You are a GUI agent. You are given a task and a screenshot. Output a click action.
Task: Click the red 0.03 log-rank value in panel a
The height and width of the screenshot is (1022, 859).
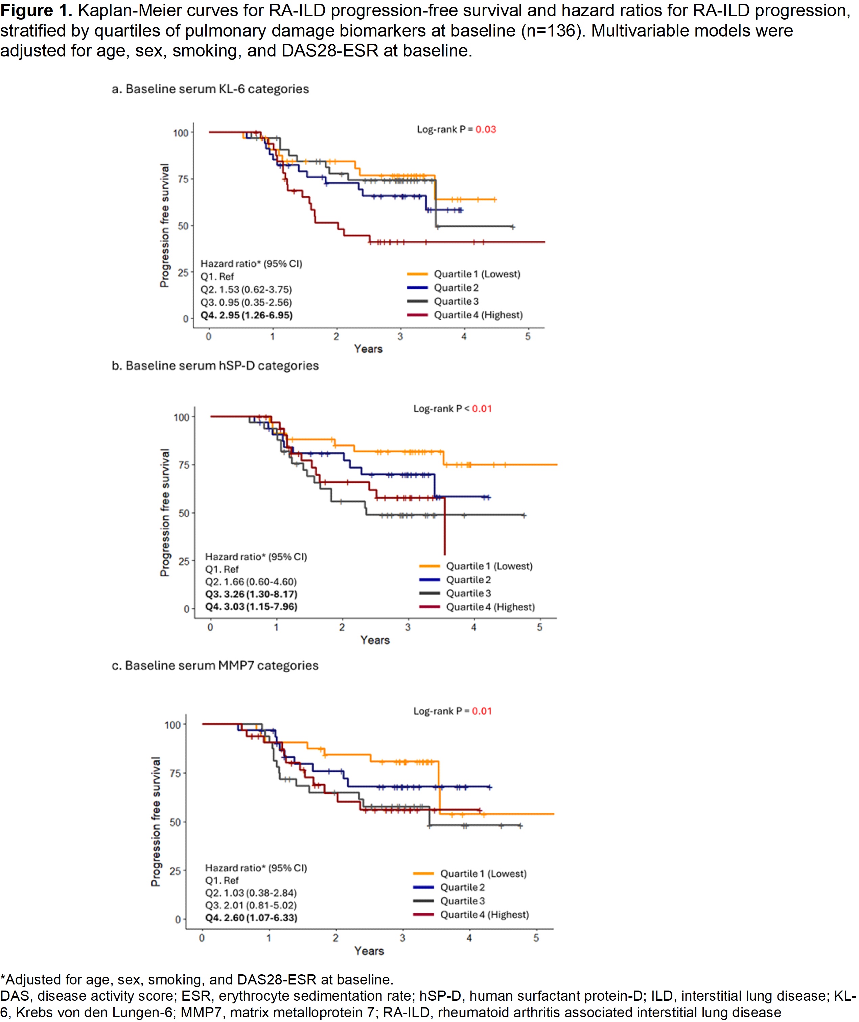pos(486,130)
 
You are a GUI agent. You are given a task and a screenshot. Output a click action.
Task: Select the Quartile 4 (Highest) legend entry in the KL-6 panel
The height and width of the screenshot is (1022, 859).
pos(478,315)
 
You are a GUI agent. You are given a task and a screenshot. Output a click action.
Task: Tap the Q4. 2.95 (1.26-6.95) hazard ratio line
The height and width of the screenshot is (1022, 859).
pos(247,316)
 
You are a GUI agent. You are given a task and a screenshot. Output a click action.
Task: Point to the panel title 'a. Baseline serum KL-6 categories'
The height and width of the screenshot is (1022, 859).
pos(210,89)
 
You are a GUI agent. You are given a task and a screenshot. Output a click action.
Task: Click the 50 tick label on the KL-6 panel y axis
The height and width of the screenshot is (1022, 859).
pos(183,226)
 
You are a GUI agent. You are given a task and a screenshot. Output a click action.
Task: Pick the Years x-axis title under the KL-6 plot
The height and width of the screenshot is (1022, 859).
pos(368,349)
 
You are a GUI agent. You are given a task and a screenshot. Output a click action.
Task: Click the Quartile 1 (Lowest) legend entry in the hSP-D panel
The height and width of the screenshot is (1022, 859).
pos(489,566)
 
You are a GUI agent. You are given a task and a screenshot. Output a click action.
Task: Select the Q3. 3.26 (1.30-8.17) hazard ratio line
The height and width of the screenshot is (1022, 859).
pos(251,594)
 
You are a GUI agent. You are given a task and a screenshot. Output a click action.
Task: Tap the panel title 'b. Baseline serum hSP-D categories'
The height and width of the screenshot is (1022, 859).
pos(215,366)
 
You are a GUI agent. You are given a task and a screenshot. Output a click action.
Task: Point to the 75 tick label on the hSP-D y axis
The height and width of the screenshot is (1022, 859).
pos(184,465)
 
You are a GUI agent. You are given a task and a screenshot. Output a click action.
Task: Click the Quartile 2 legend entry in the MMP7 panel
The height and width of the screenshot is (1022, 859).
pos(462,887)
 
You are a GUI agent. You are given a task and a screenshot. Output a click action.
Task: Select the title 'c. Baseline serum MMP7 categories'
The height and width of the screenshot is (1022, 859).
pos(215,665)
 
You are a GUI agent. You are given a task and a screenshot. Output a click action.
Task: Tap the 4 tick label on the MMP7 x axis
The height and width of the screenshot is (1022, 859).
pos(469,938)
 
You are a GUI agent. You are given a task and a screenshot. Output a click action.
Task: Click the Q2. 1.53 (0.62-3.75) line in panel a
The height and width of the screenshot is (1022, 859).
pos(246,289)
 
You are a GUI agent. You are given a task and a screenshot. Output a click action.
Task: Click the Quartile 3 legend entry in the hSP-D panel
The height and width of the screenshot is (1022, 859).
pos(468,594)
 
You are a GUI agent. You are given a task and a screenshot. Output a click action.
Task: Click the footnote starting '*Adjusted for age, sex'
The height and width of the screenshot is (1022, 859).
pos(197,980)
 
